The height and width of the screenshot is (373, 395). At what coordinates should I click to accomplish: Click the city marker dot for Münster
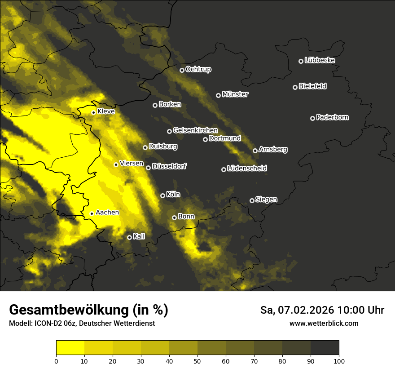(219, 95)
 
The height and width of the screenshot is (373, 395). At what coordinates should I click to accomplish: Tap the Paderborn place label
(332, 117)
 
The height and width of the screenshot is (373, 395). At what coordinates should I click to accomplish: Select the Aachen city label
(107, 213)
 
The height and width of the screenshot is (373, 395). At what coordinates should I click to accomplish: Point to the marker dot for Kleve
(93, 113)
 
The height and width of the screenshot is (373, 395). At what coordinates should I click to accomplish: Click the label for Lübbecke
(320, 60)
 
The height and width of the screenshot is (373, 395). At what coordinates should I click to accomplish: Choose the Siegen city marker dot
(252, 200)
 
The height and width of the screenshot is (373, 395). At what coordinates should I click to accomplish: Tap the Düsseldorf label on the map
(169, 166)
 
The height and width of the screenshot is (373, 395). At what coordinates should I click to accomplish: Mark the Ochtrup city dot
(182, 70)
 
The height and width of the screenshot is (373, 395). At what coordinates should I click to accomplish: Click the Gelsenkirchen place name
(195, 130)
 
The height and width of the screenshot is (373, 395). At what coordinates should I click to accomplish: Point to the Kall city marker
(129, 237)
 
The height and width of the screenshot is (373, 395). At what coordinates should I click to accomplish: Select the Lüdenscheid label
(247, 169)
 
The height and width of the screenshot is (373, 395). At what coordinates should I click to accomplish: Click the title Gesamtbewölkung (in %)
(88, 310)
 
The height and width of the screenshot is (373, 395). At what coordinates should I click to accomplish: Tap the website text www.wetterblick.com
(324, 323)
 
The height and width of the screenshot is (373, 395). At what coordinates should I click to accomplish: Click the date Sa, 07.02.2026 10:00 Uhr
(322, 310)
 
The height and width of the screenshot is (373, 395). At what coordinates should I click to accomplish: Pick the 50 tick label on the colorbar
(197, 360)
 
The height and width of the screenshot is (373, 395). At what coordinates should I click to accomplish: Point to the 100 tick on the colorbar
(339, 360)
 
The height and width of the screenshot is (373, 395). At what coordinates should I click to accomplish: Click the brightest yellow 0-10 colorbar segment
(70, 347)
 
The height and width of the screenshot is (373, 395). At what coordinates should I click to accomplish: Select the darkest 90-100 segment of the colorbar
(325, 347)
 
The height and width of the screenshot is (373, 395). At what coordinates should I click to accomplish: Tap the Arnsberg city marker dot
(255, 151)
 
